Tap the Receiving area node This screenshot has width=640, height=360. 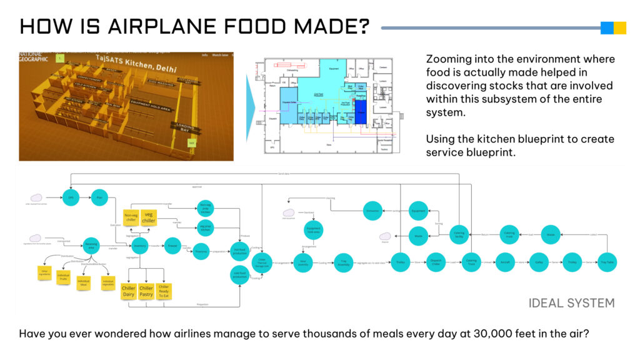click(91, 246)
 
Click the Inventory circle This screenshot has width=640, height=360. click(141, 246)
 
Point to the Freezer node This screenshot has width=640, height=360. click(173, 246)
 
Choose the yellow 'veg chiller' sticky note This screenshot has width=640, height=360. click(149, 217)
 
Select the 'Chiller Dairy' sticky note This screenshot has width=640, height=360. click(129, 291)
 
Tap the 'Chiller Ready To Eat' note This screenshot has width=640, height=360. click(163, 291)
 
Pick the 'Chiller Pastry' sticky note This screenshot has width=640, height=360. click(146, 291)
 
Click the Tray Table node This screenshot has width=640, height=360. click(606, 262)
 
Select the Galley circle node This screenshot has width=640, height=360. click(539, 262)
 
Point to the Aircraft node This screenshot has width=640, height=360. click(505, 262)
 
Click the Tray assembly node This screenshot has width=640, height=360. click(342, 262)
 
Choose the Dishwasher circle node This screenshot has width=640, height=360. click(372, 211)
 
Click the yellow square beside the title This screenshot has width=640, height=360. click(620, 27)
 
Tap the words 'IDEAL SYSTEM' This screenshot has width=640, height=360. click(571, 303)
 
